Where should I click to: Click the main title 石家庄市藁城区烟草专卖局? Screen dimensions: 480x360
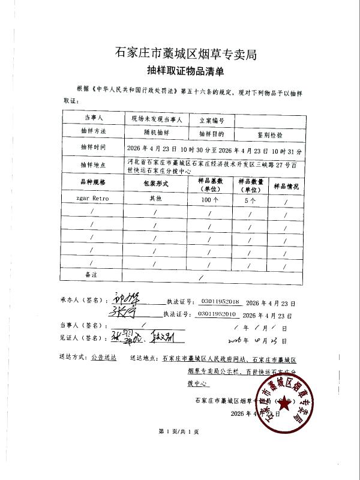185,53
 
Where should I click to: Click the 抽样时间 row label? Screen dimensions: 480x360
93,147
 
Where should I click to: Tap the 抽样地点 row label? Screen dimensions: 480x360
93,164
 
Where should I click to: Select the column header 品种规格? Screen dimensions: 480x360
92,181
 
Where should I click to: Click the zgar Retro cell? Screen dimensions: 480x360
92,197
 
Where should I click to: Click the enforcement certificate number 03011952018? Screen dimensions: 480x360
220,302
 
